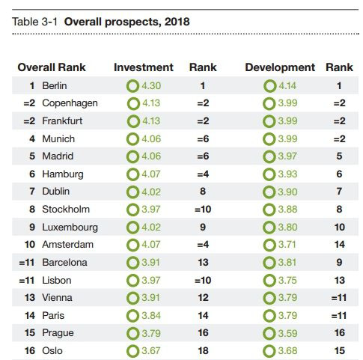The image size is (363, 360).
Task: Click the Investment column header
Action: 144,67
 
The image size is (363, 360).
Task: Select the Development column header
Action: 280,67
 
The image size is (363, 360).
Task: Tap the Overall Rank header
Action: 52,67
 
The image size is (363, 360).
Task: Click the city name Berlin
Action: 55,85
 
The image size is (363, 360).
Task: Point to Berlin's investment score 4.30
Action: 151,85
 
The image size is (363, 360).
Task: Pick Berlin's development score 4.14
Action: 287,85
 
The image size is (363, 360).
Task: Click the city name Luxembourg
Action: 70,228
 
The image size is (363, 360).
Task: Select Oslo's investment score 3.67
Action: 151,350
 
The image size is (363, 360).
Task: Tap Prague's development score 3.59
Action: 287,333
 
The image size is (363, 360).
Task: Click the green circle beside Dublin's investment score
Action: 132,192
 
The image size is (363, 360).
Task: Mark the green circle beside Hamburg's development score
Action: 269,174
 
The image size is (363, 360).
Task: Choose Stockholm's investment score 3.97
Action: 151,209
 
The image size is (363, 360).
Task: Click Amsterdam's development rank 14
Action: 340,244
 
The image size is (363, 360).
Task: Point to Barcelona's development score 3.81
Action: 287,262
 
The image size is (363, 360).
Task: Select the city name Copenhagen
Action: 70,103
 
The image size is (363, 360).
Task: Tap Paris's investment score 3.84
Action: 151,315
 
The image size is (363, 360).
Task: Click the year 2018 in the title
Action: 177,22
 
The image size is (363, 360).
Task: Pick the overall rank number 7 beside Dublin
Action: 32,192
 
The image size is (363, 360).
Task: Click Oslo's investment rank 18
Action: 203,350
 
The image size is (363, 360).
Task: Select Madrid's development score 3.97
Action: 287,156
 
